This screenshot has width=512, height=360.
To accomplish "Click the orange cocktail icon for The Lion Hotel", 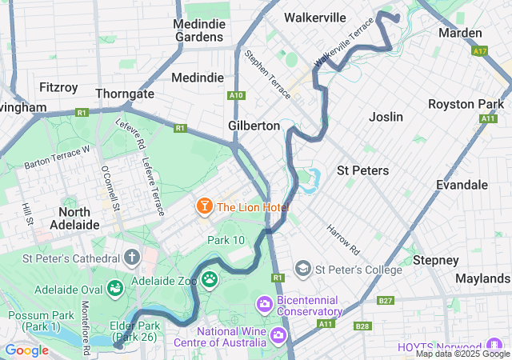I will pos(204,207).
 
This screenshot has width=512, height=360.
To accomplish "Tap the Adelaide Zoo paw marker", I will pos(210,279).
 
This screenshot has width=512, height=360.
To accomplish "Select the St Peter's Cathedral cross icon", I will pos(132,258).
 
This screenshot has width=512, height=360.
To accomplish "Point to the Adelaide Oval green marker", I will pos(114,286).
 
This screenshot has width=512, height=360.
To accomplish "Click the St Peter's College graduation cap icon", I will pos(303,269).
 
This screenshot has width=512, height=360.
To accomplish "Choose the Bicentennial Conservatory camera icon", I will pos(263,304).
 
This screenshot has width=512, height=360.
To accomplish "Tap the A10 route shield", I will pos(236,95).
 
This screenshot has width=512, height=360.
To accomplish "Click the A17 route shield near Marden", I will pos(480,51).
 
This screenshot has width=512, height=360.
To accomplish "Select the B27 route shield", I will pos(386,300).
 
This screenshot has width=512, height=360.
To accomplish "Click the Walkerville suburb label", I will pos(315,18).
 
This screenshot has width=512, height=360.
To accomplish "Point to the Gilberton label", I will pos(254,126).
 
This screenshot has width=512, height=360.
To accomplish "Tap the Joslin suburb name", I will pos(386,117).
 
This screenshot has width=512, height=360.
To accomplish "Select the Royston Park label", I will pos(466,104).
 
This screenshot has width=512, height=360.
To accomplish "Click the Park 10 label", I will pos(226,240).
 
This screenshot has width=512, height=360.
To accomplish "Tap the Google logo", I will pos(26,350).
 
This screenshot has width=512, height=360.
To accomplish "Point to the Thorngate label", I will pos(125,94).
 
